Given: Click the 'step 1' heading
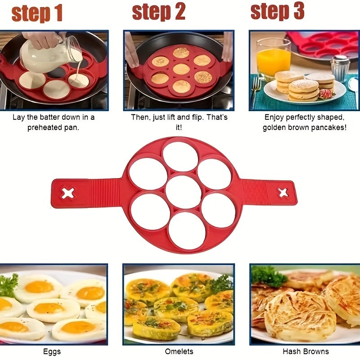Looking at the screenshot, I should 37,13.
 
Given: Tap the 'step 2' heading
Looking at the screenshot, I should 158,12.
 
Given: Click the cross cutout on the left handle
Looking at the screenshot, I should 68,193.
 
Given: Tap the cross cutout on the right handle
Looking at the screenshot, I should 283,193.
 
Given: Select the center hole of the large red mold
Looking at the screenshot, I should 183,192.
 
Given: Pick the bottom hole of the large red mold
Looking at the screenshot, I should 187,230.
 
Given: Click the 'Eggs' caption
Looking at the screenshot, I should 53,351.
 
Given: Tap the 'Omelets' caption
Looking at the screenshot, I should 179,351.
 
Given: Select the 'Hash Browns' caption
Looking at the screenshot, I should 306,351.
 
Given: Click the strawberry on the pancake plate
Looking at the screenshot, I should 325,94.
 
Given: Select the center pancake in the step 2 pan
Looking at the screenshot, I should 181,69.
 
